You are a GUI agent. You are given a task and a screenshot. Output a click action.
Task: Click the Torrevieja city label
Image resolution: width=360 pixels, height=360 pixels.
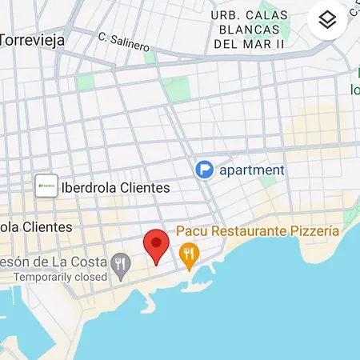click(32, 39)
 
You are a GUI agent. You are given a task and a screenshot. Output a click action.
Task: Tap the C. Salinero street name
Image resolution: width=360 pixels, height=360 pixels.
click(123, 42)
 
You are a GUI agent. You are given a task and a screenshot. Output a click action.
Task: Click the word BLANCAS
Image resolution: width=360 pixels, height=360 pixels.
click(248, 29)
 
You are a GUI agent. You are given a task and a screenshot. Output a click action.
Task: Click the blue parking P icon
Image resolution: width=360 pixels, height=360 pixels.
click(205, 170)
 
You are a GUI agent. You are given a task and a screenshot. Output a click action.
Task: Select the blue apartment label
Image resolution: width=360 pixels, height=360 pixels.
click(253, 170)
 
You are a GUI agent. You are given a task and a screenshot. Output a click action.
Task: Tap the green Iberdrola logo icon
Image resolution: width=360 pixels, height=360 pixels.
click(46, 186)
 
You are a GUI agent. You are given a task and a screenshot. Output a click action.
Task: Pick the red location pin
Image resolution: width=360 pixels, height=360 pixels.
click(156, 245)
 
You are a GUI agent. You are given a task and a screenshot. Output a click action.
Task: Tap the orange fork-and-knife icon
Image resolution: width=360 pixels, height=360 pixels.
click(189, 255)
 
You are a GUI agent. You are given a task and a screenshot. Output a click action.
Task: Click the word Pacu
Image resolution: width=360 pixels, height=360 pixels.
click(191, 231)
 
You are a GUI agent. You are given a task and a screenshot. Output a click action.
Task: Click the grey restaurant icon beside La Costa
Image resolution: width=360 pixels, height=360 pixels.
click(122, 262)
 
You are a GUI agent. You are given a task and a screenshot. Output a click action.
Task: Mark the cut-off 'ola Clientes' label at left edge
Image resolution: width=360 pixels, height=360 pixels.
click(35, 227)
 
